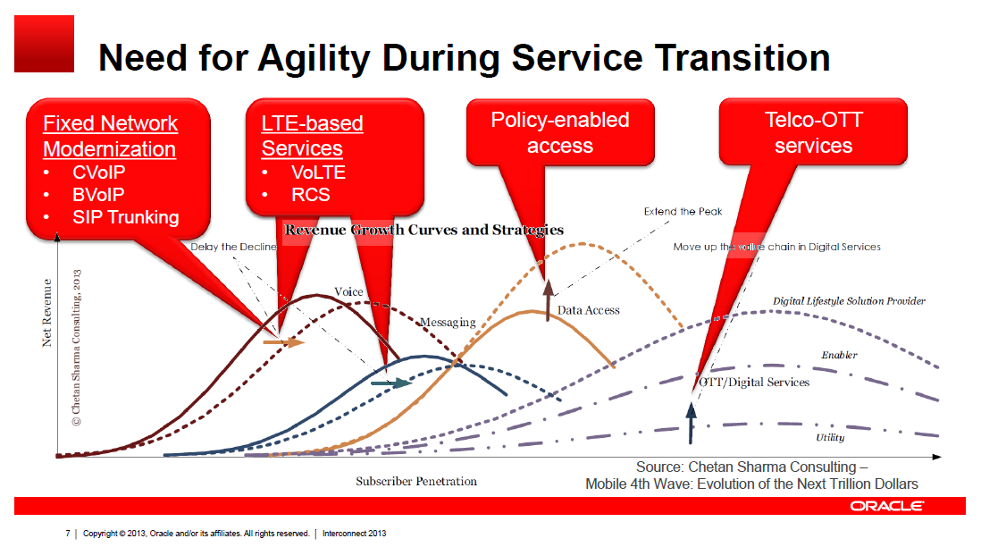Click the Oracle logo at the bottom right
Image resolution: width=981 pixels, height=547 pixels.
click(x=887, y=506)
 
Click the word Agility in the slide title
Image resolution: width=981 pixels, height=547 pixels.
click(x=324, y=58)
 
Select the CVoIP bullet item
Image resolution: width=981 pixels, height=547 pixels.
click(x=98, y=173)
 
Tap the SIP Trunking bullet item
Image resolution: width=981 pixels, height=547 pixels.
click(x=125, y=216)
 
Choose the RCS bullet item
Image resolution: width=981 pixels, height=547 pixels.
click(x=310, y=195)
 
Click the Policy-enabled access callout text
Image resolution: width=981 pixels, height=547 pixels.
click(x=560, y=132)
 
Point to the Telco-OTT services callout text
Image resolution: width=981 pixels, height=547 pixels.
click(x=813, y=132)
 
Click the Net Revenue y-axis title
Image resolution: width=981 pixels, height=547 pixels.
click(x=47, y=312)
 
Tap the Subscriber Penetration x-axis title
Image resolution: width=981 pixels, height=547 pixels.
click(x=416, y=481)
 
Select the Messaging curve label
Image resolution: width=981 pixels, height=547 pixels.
click(x=448, y=322)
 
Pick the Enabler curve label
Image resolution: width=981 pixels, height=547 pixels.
click(x=839, y=355)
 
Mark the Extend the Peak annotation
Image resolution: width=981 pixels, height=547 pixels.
click(x=683, y=212)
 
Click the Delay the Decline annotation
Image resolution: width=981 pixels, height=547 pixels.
click(x=233, y=247)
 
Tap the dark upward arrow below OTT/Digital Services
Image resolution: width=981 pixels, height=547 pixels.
click(x=690, y=424)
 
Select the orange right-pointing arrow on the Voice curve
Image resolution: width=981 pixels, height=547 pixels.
click(x=284, y=341)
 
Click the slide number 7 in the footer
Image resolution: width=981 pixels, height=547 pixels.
click(x=68, y=534)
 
